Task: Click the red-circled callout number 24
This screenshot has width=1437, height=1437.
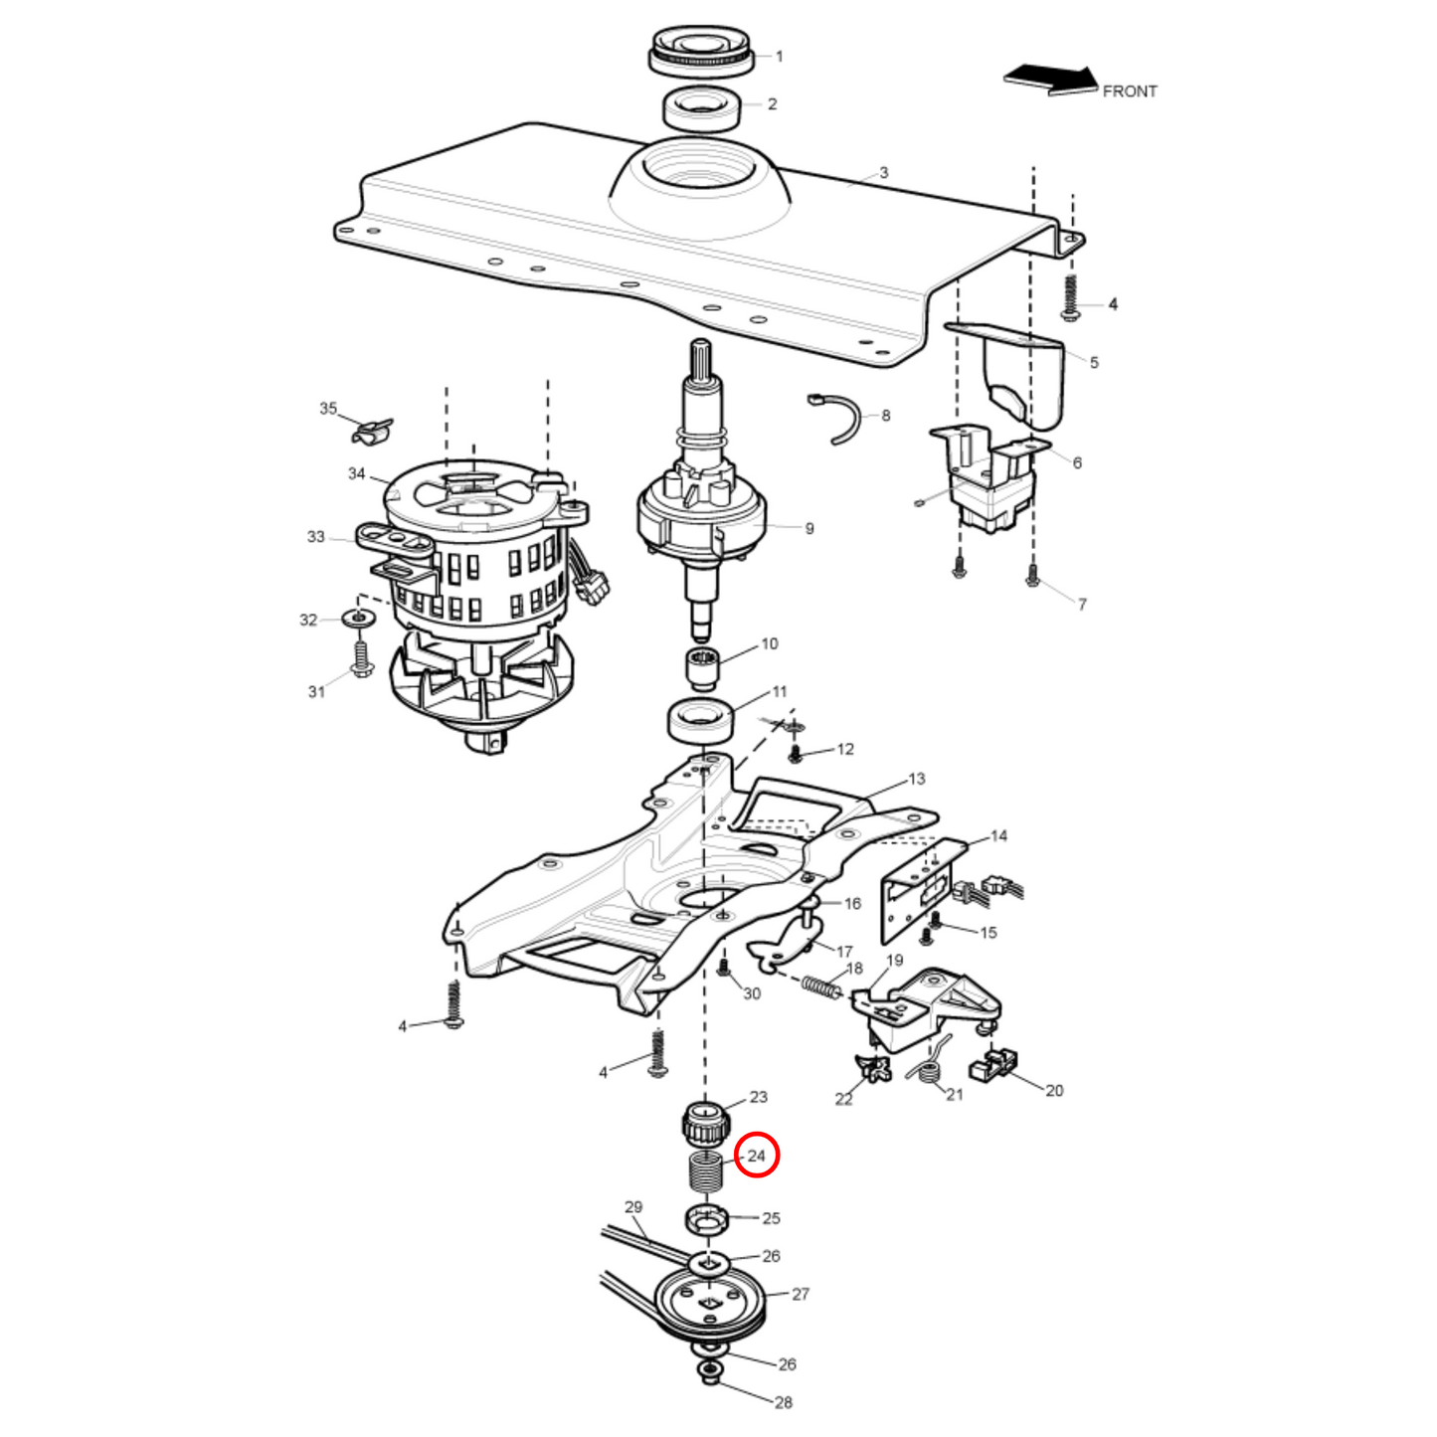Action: click(x=757, y=1156)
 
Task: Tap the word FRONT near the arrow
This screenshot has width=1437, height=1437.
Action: click(x=1130, y=91)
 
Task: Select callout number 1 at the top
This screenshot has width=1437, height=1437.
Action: click(x=780, y=57)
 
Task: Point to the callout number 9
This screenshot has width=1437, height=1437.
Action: click(x=809, y=529)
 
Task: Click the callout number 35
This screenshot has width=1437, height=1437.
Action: click(x=328, y=409)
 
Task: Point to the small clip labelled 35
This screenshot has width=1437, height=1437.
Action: click(x=372, y=432)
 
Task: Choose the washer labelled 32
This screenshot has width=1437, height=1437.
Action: click(x=359, y=619)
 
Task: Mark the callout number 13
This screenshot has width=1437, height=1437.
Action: click(x=916, y=779)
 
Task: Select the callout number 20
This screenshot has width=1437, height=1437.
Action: click(x=1054, y=1091)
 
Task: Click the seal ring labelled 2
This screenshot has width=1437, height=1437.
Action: click(x=702, y=107)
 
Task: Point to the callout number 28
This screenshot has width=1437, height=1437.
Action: click(x=784, y=1402)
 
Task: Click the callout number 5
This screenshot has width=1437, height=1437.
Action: click(x=1094, y=363)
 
